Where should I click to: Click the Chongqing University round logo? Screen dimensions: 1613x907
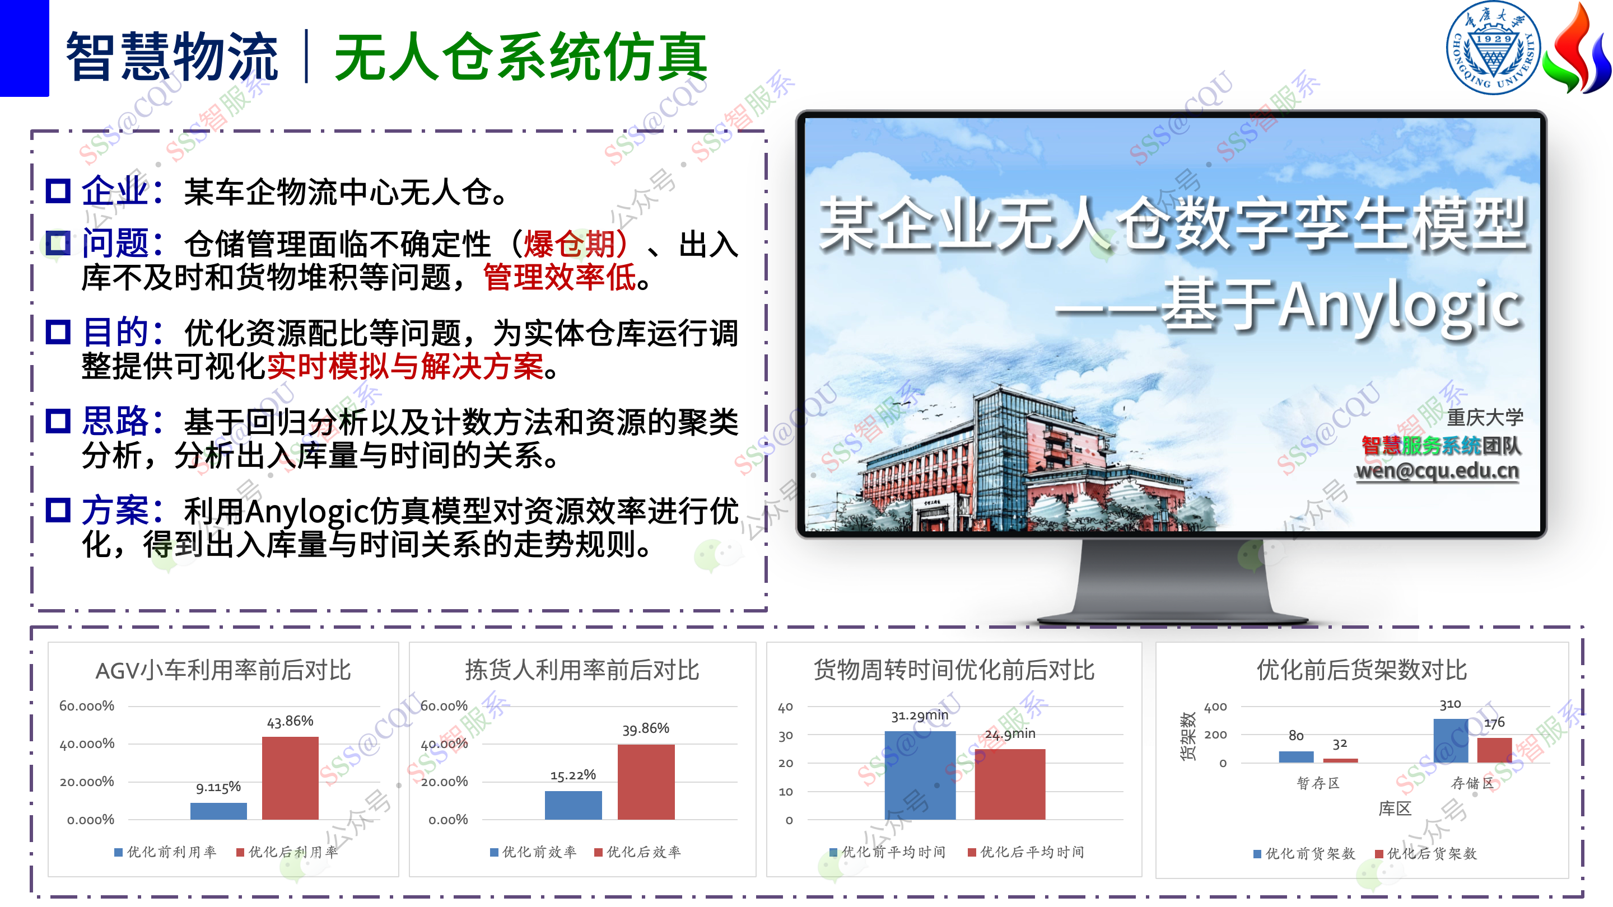click(x=1493, y=48)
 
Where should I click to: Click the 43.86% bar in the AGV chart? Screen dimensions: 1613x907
click(x=290, y=778)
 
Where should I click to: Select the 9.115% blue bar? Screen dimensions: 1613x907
click(x=218, y=811)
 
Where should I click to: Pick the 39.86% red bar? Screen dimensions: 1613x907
click(x=646, y=782)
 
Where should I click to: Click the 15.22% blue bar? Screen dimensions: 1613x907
click(x=573, y=806)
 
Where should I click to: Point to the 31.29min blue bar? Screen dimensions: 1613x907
click(x=920, y=775)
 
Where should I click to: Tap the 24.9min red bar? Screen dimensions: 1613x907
click(x=1010, y=784)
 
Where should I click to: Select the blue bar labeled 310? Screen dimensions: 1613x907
click(x=1451, y=741)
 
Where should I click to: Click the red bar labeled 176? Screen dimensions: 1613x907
click(x=1495, y=750)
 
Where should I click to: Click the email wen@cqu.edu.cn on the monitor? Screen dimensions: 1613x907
click(x=1437, y=470)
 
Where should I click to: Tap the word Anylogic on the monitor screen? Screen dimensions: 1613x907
click(x=1401, y=306)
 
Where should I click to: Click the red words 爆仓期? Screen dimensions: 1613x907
click(x=569, y=244)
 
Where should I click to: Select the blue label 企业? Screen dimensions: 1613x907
click(x=115, y=190)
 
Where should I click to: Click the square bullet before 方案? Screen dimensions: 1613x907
click(x=58, y=509)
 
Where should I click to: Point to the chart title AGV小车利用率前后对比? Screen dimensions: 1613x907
click(x=223, y=670)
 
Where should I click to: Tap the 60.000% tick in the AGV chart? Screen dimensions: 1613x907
click(x=86, y=706)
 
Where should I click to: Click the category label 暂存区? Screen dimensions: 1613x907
click(x=1318, y=783)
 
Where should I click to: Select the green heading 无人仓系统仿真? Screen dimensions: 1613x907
click(x=521, y=57)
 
